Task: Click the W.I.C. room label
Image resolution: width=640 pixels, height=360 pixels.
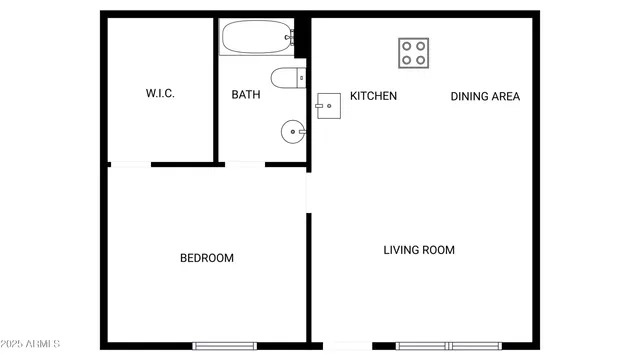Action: [x=160, y=94]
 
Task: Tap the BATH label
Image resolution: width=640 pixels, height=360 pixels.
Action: [x=246, y=96]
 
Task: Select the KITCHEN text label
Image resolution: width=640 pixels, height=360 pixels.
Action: [x=373, y=96]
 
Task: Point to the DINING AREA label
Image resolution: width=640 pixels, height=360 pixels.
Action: [x=485, y=97]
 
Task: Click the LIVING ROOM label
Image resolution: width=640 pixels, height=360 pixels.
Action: [x=419, y=250]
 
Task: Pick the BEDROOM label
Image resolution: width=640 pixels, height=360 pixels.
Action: [x=207, y=258]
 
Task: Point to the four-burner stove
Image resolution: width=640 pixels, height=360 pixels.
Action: [x=414, y=53]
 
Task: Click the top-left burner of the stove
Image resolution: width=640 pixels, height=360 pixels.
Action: [x=407, y=46]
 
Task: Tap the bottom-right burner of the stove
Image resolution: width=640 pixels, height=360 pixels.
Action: [x=421, y=60]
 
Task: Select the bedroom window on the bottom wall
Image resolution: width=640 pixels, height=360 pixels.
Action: [x=225, y=346]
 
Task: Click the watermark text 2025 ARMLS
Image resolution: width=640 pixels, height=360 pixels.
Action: [x=31, y=345]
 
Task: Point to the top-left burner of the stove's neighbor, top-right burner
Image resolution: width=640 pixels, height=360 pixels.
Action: [x=421, y=46]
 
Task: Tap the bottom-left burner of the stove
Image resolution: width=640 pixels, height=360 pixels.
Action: [x=407, y=60]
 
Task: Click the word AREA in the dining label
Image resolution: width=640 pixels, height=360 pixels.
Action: [x=505, y=97]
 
